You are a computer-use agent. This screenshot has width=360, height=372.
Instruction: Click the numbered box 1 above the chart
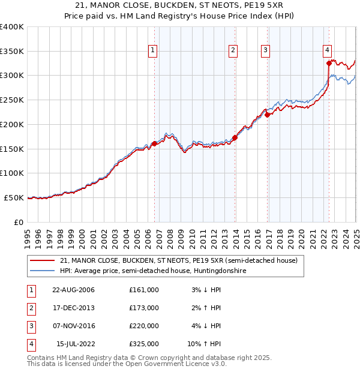click(x=154, y=51)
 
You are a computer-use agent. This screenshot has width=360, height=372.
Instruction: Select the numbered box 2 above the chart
click(x=232, y=51)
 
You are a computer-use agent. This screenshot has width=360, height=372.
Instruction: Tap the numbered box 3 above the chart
click(x=265, y=51)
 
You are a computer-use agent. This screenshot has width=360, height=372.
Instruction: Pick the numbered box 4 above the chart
click(x=327, y=51)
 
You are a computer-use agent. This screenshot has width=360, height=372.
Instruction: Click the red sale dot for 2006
click(x=154, y=143)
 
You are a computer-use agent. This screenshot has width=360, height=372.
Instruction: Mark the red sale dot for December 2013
click(x=235, y=137)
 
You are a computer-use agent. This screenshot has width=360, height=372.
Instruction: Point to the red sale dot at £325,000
click(x=329, y=63)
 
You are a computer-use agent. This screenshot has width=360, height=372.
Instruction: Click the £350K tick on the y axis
click(x=12, y=52)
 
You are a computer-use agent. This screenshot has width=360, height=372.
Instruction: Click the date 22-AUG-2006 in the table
click(x=73, y=289)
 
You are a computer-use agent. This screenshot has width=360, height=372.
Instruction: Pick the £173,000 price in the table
click(x=144, y=308)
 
